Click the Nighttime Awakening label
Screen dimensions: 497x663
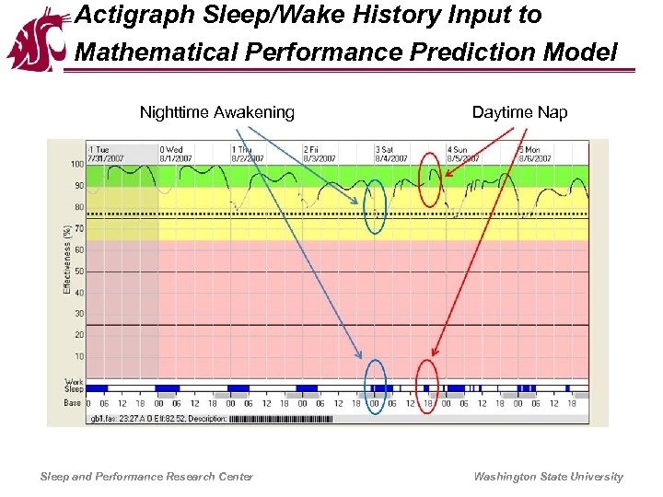(x=217, y=113)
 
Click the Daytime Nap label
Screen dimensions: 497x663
(x=519, y=113)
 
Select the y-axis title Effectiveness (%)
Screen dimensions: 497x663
(x=67, y=260)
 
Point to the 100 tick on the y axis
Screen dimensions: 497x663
(x=77, y=165)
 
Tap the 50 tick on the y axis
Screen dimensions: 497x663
(x=79, y=272)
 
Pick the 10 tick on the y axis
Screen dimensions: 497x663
(x=79, y=357)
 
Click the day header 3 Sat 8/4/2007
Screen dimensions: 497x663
(x=392, y=154)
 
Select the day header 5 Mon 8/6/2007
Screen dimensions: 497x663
(x=536, y=154)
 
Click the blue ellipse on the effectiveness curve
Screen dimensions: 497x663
(x=374, y=206)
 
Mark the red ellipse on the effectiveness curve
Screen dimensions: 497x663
(x=429, y=180)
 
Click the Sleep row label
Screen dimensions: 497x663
(x=74, y=389)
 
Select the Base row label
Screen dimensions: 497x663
(x=73, y=403)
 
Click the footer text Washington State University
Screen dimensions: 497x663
(x=548, y=477)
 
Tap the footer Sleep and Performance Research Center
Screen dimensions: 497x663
(x=146, y=477)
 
